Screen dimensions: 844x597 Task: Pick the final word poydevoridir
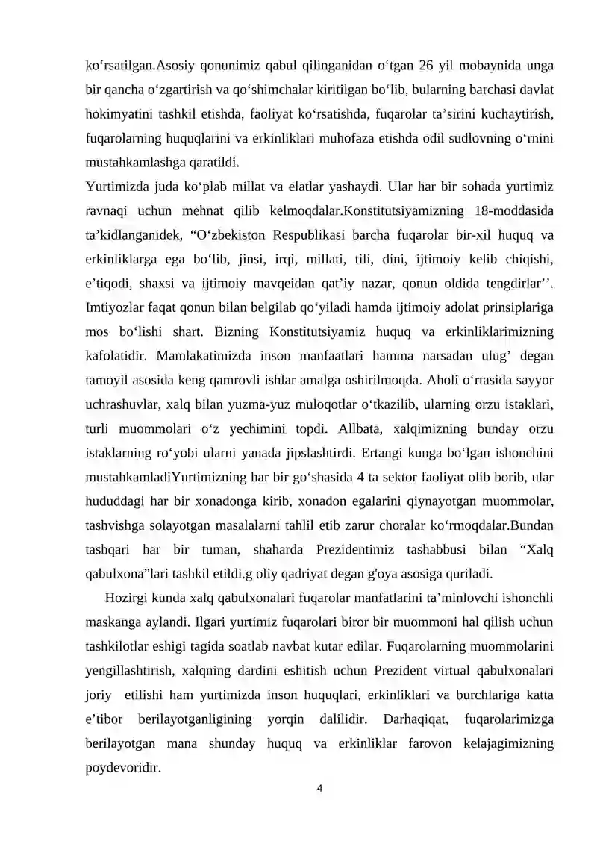123,768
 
